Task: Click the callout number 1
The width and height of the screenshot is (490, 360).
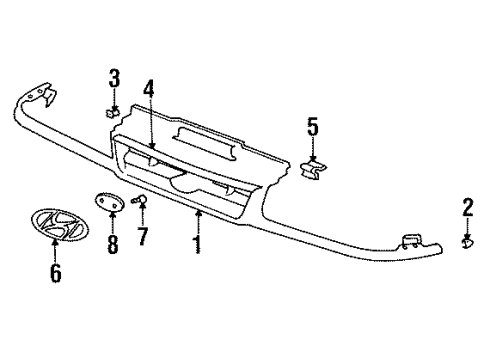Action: (x=198, y=243)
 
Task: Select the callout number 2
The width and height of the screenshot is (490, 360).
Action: (x=468, y=208)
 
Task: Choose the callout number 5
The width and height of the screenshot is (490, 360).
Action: (x=312, y=126)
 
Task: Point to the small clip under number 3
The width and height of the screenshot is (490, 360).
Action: (x=115, y=110)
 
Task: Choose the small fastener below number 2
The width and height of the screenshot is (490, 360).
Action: (x=468, y=242)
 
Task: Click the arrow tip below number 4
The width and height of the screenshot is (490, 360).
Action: (x=151, y=148)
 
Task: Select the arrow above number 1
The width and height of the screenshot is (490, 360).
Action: (x=198, y=212)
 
